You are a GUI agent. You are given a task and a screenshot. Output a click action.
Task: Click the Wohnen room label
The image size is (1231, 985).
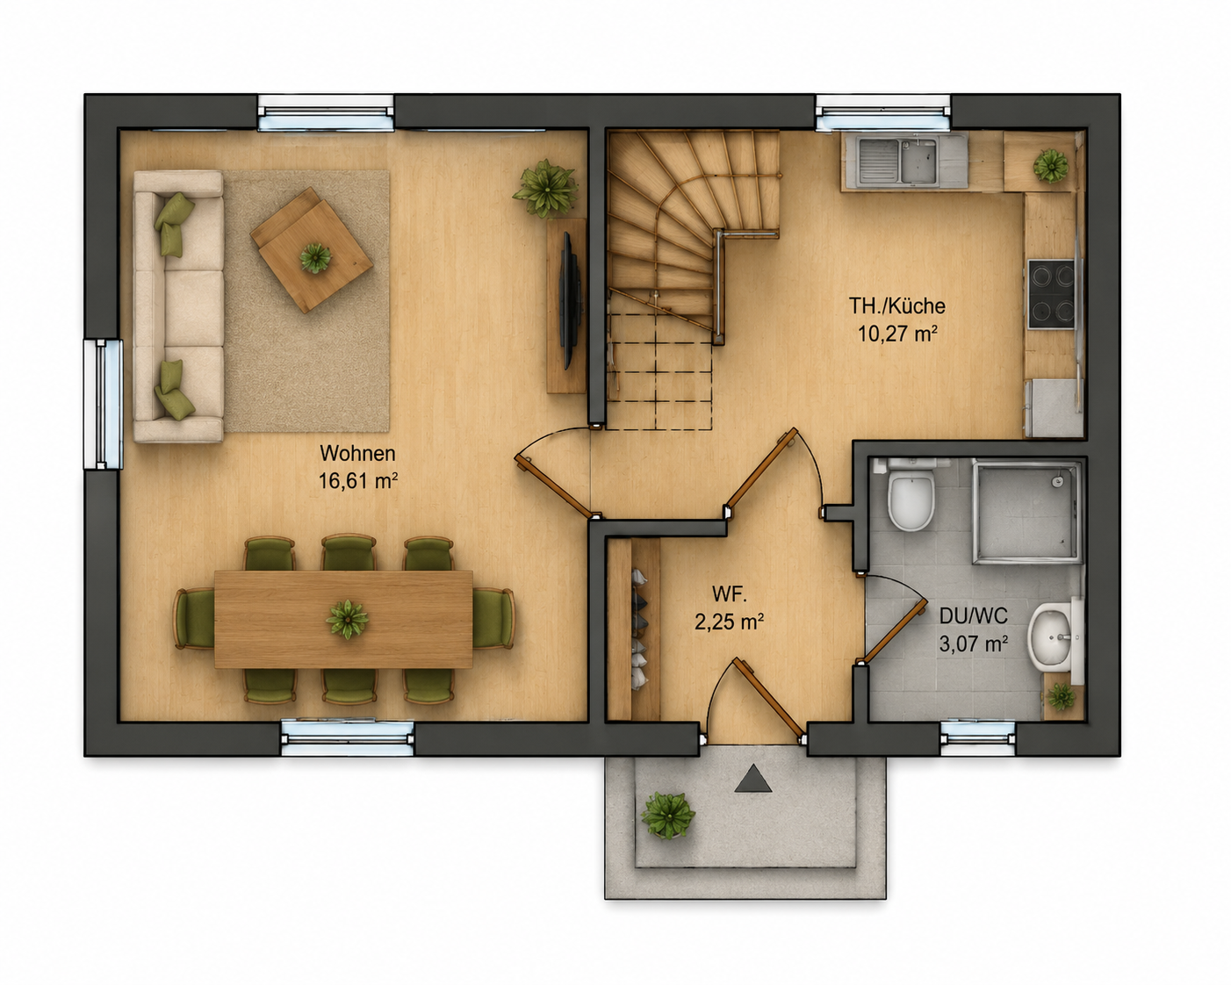click(x=357, y=453)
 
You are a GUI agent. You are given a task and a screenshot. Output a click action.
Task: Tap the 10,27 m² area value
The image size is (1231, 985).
click(x=897, y=334)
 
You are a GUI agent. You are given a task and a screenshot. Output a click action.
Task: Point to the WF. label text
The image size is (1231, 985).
click(x=730, y=593)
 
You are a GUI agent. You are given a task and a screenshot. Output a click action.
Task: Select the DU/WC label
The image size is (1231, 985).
click(x=974, y=615)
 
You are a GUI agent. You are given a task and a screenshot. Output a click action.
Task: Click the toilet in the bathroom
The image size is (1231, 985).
click(x=911, y=495)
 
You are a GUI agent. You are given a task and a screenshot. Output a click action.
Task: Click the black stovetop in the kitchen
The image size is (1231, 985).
click(x=1051, y=294)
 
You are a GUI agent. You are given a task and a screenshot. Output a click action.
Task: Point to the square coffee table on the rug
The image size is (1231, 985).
click(x=312, y=249)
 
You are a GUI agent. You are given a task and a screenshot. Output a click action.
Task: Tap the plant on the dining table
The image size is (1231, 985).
click(x=347, y=619)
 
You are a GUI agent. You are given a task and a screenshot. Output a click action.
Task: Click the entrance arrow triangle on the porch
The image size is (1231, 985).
click(x=753, y=779)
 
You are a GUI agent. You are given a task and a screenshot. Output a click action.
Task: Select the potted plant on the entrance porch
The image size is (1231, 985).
click(x=668, y=816)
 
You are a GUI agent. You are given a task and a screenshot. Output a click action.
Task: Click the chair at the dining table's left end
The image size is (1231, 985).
click(x=195, y=619)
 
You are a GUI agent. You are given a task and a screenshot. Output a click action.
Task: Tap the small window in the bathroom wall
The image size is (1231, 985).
click(x=978, y=738)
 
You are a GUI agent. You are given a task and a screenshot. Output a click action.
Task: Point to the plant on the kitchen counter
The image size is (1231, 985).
click(x=1051, y=165)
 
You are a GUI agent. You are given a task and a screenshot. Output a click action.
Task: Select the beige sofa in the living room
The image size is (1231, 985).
click(x=178, y=306)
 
